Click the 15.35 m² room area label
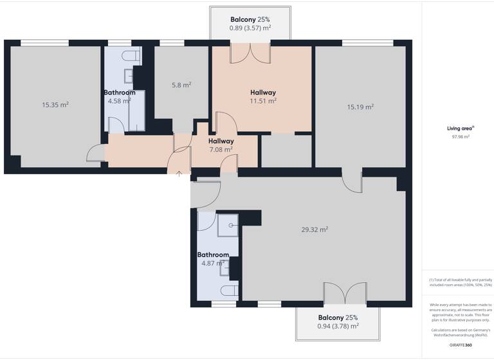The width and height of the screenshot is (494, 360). pos(55,105)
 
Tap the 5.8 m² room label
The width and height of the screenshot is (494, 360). pos(181,85)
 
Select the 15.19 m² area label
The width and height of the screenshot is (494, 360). pos(360,107)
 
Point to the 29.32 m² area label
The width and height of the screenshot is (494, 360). pos(315,230)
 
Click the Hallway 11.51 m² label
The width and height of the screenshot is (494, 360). pos(263,96)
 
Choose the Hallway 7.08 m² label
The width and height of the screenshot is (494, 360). pos(221,145)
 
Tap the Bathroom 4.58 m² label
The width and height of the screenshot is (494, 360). pos(120,96)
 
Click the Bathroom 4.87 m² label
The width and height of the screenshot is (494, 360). pos(213,258)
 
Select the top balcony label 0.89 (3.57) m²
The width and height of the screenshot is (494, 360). pos(250,24)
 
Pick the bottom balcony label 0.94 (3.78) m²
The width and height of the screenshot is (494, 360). pos(338,321)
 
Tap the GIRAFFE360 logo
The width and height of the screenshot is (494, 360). pos(459,345)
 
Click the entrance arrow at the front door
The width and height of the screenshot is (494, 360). pos(178,172)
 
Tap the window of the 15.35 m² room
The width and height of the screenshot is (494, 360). pos(44,43)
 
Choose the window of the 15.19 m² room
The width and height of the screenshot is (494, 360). pos(367,43)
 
